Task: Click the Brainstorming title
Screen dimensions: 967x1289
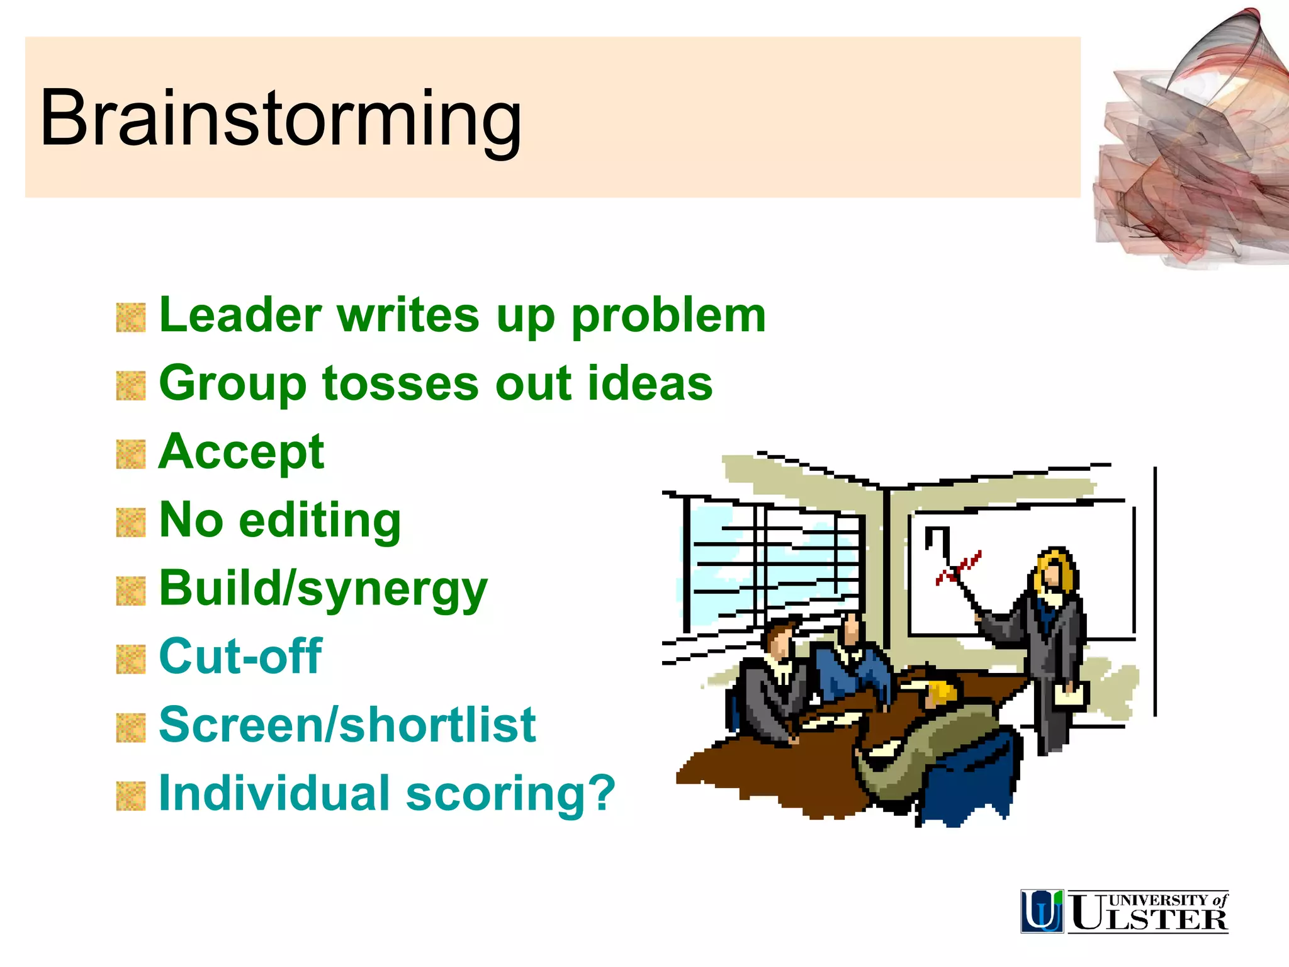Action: click(281, 118)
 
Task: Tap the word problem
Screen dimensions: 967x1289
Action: click(668, 316)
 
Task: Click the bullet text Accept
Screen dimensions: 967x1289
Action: click(241, 453)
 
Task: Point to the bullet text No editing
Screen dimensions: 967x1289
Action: click(280, 521)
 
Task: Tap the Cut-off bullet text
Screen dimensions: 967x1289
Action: click(240, 657)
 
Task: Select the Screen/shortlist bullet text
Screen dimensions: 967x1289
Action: click(347, 725)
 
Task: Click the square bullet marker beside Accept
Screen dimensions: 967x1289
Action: click(131, 455)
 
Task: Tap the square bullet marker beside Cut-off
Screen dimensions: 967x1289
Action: click(131, 659)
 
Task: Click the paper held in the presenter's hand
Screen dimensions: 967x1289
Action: click(1071, 696)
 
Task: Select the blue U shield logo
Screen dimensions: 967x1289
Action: click(1042, 911)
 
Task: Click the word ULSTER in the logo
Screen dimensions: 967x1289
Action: click(1149, 920)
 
